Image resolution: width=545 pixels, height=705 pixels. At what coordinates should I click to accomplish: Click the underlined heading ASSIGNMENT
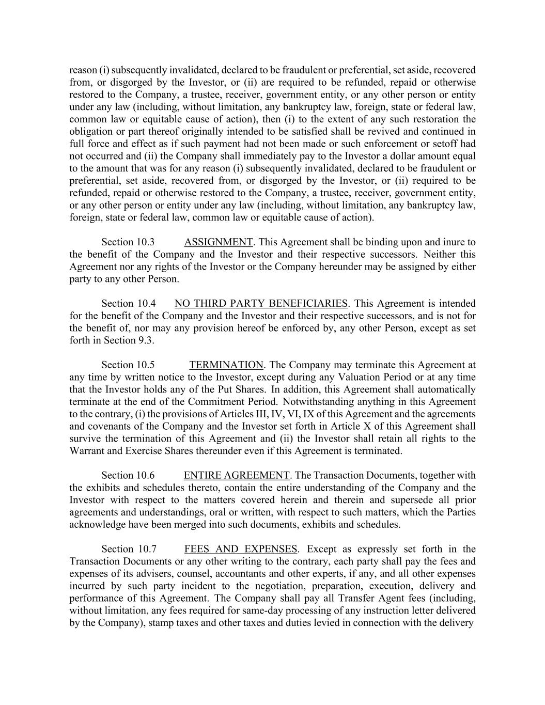tap(218, 242)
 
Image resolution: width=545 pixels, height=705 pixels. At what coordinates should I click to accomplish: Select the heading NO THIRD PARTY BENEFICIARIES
tap(261, 303)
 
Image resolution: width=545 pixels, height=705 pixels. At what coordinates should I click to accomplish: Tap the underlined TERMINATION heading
tap(226, 365)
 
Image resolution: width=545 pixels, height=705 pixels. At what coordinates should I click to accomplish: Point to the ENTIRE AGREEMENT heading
tap(237, 475)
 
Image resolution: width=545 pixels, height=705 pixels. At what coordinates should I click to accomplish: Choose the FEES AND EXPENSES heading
tap(241, 549)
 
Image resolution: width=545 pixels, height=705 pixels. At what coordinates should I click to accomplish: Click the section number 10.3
tap(146, 242)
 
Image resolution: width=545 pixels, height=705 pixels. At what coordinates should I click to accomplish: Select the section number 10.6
tap(146, 475)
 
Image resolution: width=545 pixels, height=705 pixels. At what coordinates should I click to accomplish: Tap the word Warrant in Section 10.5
tap(86, 451)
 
